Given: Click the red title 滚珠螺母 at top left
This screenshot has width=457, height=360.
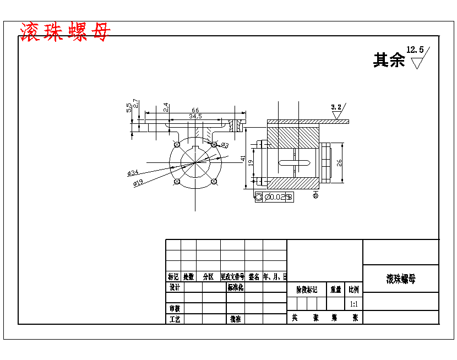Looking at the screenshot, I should tap(64, 32).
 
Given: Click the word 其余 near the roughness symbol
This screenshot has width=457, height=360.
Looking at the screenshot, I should tap(389, 60).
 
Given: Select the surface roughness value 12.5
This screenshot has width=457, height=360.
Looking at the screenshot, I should tap(415, 50).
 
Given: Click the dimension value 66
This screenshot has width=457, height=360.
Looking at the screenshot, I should tap(195, 111).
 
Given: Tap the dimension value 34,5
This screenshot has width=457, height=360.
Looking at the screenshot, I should tap(195, 117).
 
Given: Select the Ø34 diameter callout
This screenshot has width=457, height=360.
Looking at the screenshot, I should tap(133, 173).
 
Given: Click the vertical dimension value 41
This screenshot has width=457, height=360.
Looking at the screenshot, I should tap(243, 159).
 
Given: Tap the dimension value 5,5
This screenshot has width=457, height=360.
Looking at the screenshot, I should tap(129, 107).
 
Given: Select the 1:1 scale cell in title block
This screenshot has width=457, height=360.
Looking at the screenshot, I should tap(353, 303).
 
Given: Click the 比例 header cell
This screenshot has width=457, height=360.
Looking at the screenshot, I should tap(353, 289).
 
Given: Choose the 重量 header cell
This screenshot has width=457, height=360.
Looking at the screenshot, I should tap(335, 289).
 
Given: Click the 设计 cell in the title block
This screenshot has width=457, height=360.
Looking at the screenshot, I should tap(175, 287).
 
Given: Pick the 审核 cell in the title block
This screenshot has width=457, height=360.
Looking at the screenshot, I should tap(175, 308).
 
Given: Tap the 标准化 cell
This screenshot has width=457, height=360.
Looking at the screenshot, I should tap(235, 287).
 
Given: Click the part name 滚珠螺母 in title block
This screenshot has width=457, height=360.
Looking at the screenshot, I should tap(401, 279).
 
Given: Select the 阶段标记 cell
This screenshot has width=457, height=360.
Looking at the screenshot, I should tap(307, 289).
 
